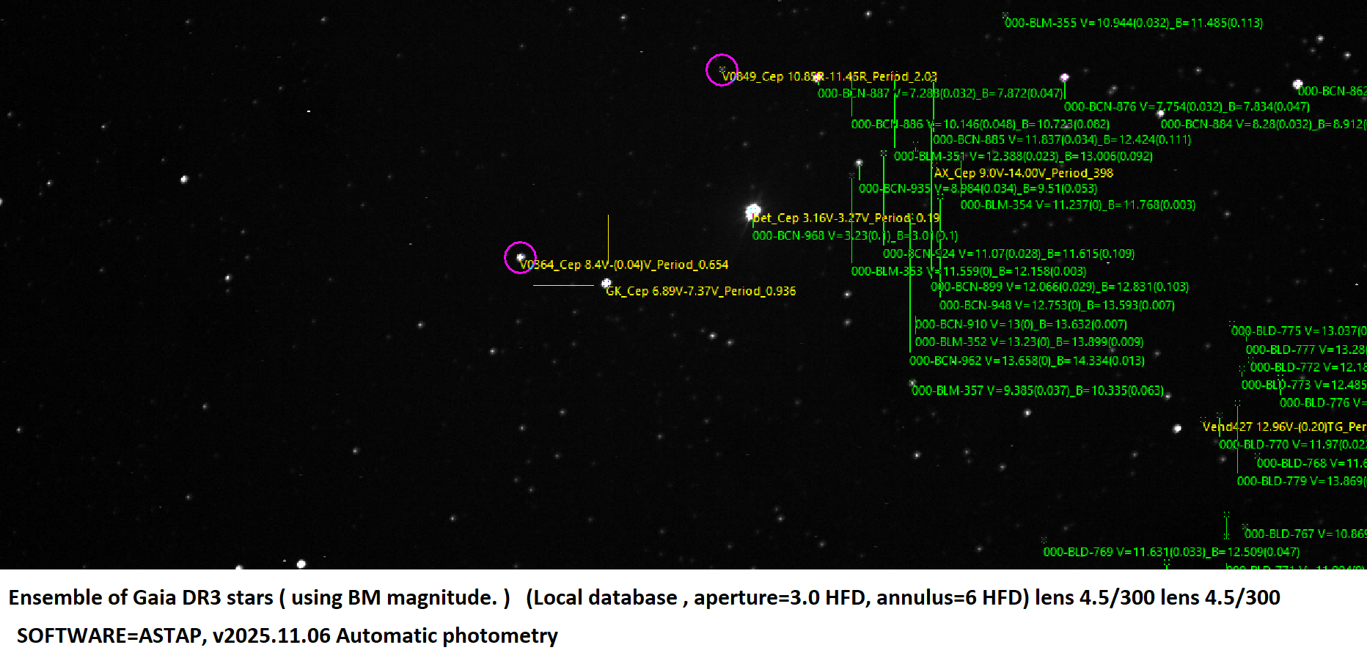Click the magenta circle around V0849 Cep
point(722,70)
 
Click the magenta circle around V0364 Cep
point(521,257)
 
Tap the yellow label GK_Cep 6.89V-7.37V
point(700,291)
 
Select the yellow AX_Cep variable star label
point(1023,173)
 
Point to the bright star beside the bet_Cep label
point(753,211)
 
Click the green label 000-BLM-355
point(1133,23)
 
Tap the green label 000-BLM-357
point(1037,391)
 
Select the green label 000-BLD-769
point(1170,552)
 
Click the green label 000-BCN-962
point(1026,361)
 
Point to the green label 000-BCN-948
point(1056,305)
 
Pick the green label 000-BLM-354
point(1077,205)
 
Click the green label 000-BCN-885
point(1061,140)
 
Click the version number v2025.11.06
point(271,635)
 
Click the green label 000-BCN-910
point(1020,324)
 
